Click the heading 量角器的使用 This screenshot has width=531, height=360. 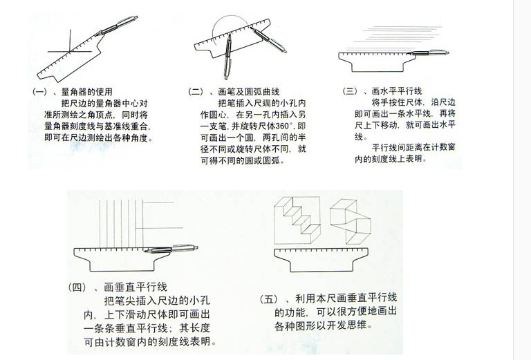click(86, 92)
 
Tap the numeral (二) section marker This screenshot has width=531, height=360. click(196, 92)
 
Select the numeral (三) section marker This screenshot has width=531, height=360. click(351, 91)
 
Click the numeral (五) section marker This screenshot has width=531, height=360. click(268, 299)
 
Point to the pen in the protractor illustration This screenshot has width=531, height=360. click(116, 26)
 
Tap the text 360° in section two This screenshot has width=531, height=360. click(285, 126)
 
